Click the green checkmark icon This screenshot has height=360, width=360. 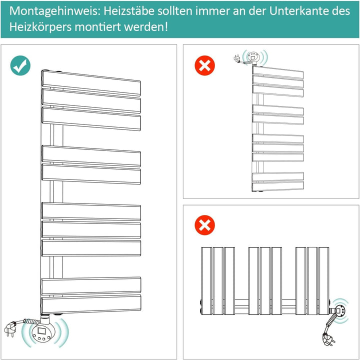click(x=20, y=65)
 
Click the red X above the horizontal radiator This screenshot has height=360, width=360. click(x=204, y=225)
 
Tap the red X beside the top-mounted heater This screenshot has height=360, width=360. click(x=204, y=65)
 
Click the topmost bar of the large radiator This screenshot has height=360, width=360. click(x=91, y=79)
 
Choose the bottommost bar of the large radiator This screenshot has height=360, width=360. click(x=91, y=304)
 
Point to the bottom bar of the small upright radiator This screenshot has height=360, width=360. click(x=278, y=185)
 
